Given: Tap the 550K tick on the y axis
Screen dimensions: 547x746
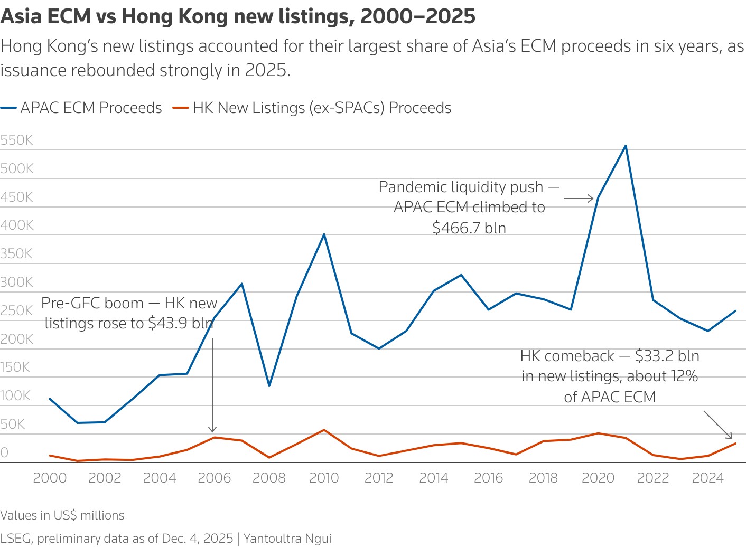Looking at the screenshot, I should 17,140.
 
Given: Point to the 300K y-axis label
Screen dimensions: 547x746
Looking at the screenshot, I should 17,282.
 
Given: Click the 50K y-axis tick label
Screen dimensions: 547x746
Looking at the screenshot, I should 13,424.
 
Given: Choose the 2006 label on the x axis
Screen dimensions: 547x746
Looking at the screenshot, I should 214,478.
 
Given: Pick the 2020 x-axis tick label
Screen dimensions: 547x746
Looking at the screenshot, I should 598,478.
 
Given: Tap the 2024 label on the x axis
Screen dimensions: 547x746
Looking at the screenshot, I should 707,478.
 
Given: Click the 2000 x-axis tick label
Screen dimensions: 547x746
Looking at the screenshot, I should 50,478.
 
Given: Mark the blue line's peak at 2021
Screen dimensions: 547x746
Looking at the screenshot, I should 626,146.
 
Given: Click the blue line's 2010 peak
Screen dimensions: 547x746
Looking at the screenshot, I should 324,234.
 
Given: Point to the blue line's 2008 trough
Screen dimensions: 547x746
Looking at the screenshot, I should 269,386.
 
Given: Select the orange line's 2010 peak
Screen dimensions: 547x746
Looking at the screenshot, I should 324,430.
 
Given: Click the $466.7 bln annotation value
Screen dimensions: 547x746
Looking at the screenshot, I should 469,228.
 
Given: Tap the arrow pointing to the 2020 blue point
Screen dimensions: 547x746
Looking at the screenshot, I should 579,199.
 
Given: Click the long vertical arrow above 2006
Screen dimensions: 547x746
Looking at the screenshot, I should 212,385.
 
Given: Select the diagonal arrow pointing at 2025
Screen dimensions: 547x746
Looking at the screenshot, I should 718,425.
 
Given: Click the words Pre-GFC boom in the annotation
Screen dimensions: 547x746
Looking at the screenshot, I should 92,303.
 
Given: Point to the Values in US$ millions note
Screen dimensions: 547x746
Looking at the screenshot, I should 62,515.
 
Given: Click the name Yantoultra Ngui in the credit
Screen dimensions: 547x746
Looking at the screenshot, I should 287,539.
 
